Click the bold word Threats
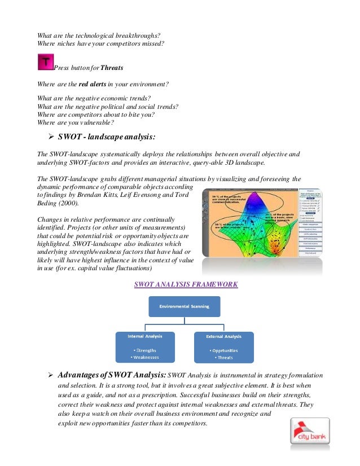(x=112, y=68)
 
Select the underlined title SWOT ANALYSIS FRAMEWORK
(x=186, y=284)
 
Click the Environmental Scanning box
(x=184, y=306)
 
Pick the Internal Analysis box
(x=144, y=346)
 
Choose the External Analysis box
(x=224, y=346)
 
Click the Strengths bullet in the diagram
(x=145, y=350)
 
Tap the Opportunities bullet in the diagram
(x=225, y=350)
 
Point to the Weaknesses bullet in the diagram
(x=145, y=357)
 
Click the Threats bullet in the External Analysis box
(x=225, y=357)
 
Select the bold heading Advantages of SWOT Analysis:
(x=112, y=375)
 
